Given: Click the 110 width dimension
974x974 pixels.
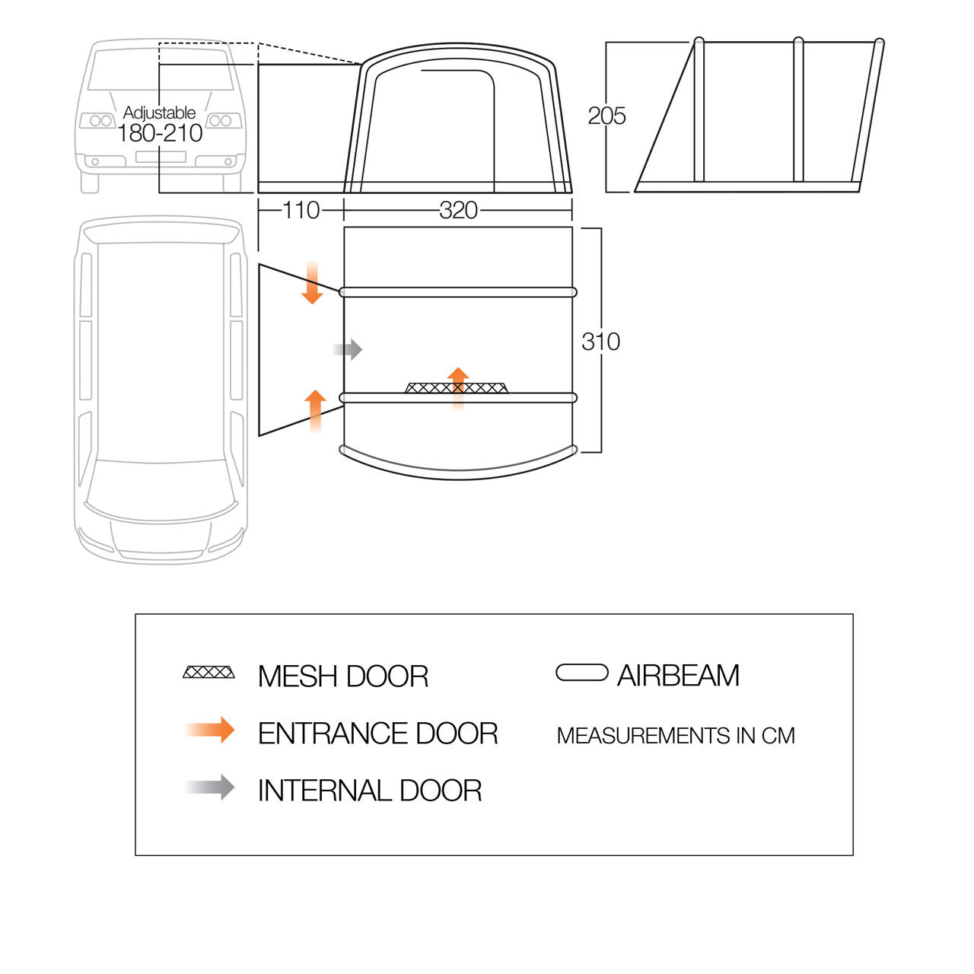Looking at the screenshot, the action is click(x=301, y=210).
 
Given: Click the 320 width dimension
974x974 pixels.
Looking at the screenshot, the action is click(x=458, y=210).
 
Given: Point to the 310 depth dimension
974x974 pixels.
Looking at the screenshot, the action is click(x=600, y=342).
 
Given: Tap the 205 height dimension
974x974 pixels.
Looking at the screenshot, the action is click(x=606, y=116).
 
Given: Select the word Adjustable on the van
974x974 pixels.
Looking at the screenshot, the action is click(x=159, y=112).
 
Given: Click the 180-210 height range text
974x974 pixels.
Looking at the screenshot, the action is click(x=160, y=133).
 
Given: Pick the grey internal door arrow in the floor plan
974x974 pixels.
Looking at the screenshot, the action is click(x=347, y=349).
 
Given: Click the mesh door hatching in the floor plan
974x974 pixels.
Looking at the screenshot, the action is click(x=457, y=388).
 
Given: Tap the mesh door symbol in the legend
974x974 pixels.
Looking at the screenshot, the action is click(x=208, y=672).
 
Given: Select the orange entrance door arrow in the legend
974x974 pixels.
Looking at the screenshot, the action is click(x=209, y=730).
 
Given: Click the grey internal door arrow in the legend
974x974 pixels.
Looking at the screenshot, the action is click(x=209, y=788).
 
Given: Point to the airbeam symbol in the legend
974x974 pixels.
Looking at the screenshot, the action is click(x=582, y=673).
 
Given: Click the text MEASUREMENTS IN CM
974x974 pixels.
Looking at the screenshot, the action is click(x=676, y=736).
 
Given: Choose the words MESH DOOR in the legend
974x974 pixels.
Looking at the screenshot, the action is click(x=343, y=676).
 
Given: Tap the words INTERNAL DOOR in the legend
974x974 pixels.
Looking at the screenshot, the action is click(x=370, y=791).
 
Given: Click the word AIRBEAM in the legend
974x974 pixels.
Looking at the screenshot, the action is click(x=678, y=675).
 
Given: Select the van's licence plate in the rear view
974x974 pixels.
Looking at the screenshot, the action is click(x=161, y=157).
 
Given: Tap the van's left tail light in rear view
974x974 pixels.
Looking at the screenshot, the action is click(x=98, y=120).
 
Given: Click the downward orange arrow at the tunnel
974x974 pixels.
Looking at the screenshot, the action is click(x=313, y=283).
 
